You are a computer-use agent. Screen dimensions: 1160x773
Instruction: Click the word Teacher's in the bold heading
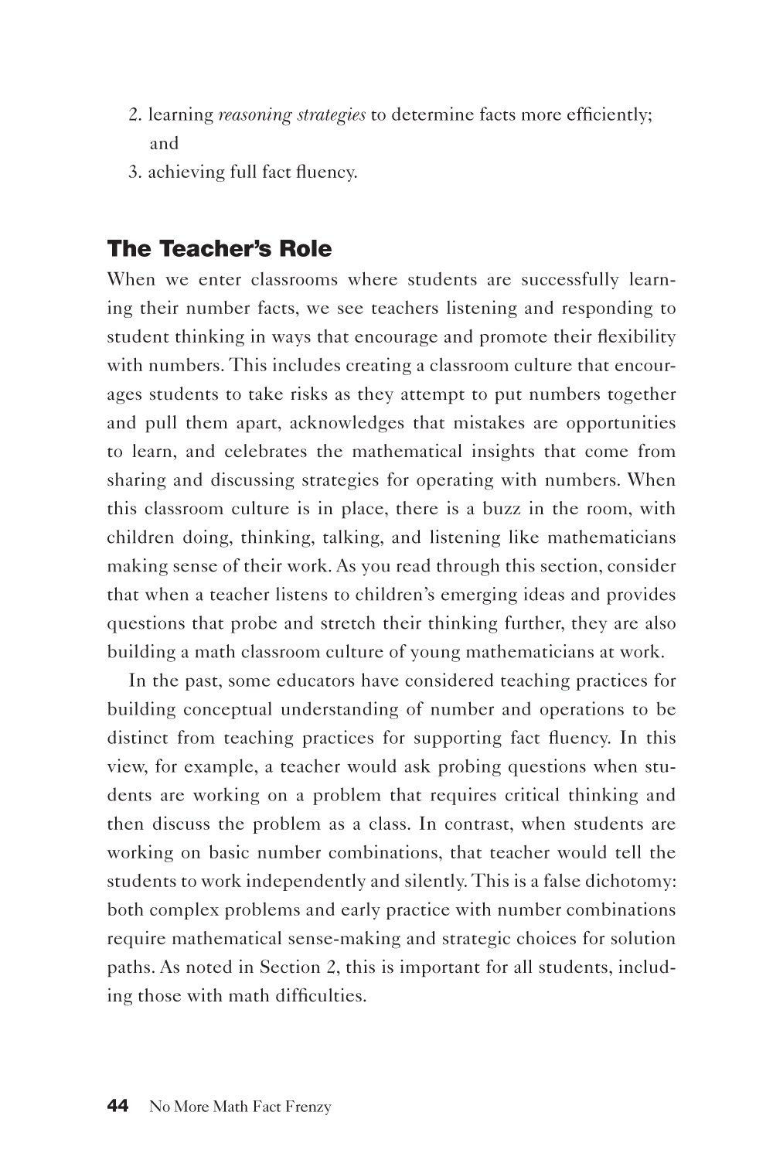pyautogui.click(x=215, y=249)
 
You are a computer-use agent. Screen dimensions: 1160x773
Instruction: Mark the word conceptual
pyautogui.click(x=224, y=710)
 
